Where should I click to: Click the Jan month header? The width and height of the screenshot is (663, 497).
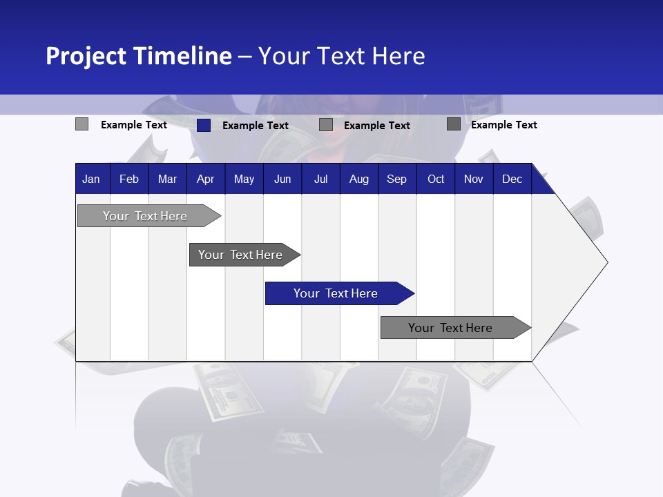click(91, 179)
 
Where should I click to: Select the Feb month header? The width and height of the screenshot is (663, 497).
click(129, 179)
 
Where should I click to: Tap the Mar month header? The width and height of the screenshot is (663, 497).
click(167, 179)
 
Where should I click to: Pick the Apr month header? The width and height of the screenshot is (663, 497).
click(205, 179)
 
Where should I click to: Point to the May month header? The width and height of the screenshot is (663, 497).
click(244, 179)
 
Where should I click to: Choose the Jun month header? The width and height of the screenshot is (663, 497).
click(282, 179)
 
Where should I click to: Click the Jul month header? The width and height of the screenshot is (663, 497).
click(320, 179)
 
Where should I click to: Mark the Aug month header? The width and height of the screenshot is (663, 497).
click(359, 179)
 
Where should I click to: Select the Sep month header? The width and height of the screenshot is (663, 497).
click(397, 179)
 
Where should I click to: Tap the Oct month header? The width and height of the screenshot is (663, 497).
click(436, 179)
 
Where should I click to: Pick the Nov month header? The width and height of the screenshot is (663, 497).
click(474, 179)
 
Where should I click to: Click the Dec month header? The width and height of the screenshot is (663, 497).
click(512, 179)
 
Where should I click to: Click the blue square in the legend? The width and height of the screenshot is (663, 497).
click(204, 125)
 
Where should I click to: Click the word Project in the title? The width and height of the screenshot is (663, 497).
click(86, 56)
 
